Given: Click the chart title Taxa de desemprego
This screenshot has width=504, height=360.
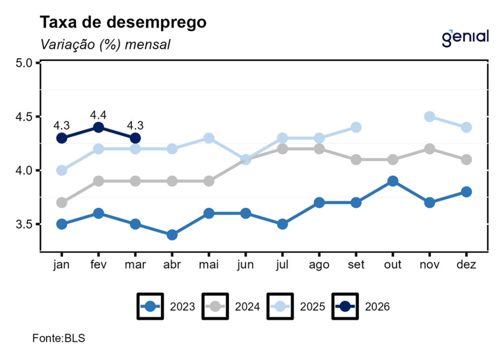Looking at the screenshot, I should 123,23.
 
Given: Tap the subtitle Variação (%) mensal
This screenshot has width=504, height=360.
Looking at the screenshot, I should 105,44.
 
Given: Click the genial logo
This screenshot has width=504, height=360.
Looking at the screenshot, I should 465,37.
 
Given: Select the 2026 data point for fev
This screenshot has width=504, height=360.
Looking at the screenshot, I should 98,128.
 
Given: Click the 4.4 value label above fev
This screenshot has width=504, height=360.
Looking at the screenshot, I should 98,115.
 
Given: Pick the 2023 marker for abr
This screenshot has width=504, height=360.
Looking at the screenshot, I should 172,235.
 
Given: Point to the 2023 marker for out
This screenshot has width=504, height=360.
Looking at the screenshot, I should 393,181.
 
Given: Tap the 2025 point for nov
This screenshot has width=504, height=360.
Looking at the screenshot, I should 430,117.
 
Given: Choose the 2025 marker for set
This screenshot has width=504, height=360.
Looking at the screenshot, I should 356,128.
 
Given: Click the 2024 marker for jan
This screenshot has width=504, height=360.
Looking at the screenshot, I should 62,202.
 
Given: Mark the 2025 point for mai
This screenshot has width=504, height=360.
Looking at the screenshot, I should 209,138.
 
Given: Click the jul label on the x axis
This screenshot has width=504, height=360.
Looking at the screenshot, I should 282,265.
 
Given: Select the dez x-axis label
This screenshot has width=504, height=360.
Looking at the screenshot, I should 466,265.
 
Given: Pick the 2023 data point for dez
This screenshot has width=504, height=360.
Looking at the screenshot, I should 466,192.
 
